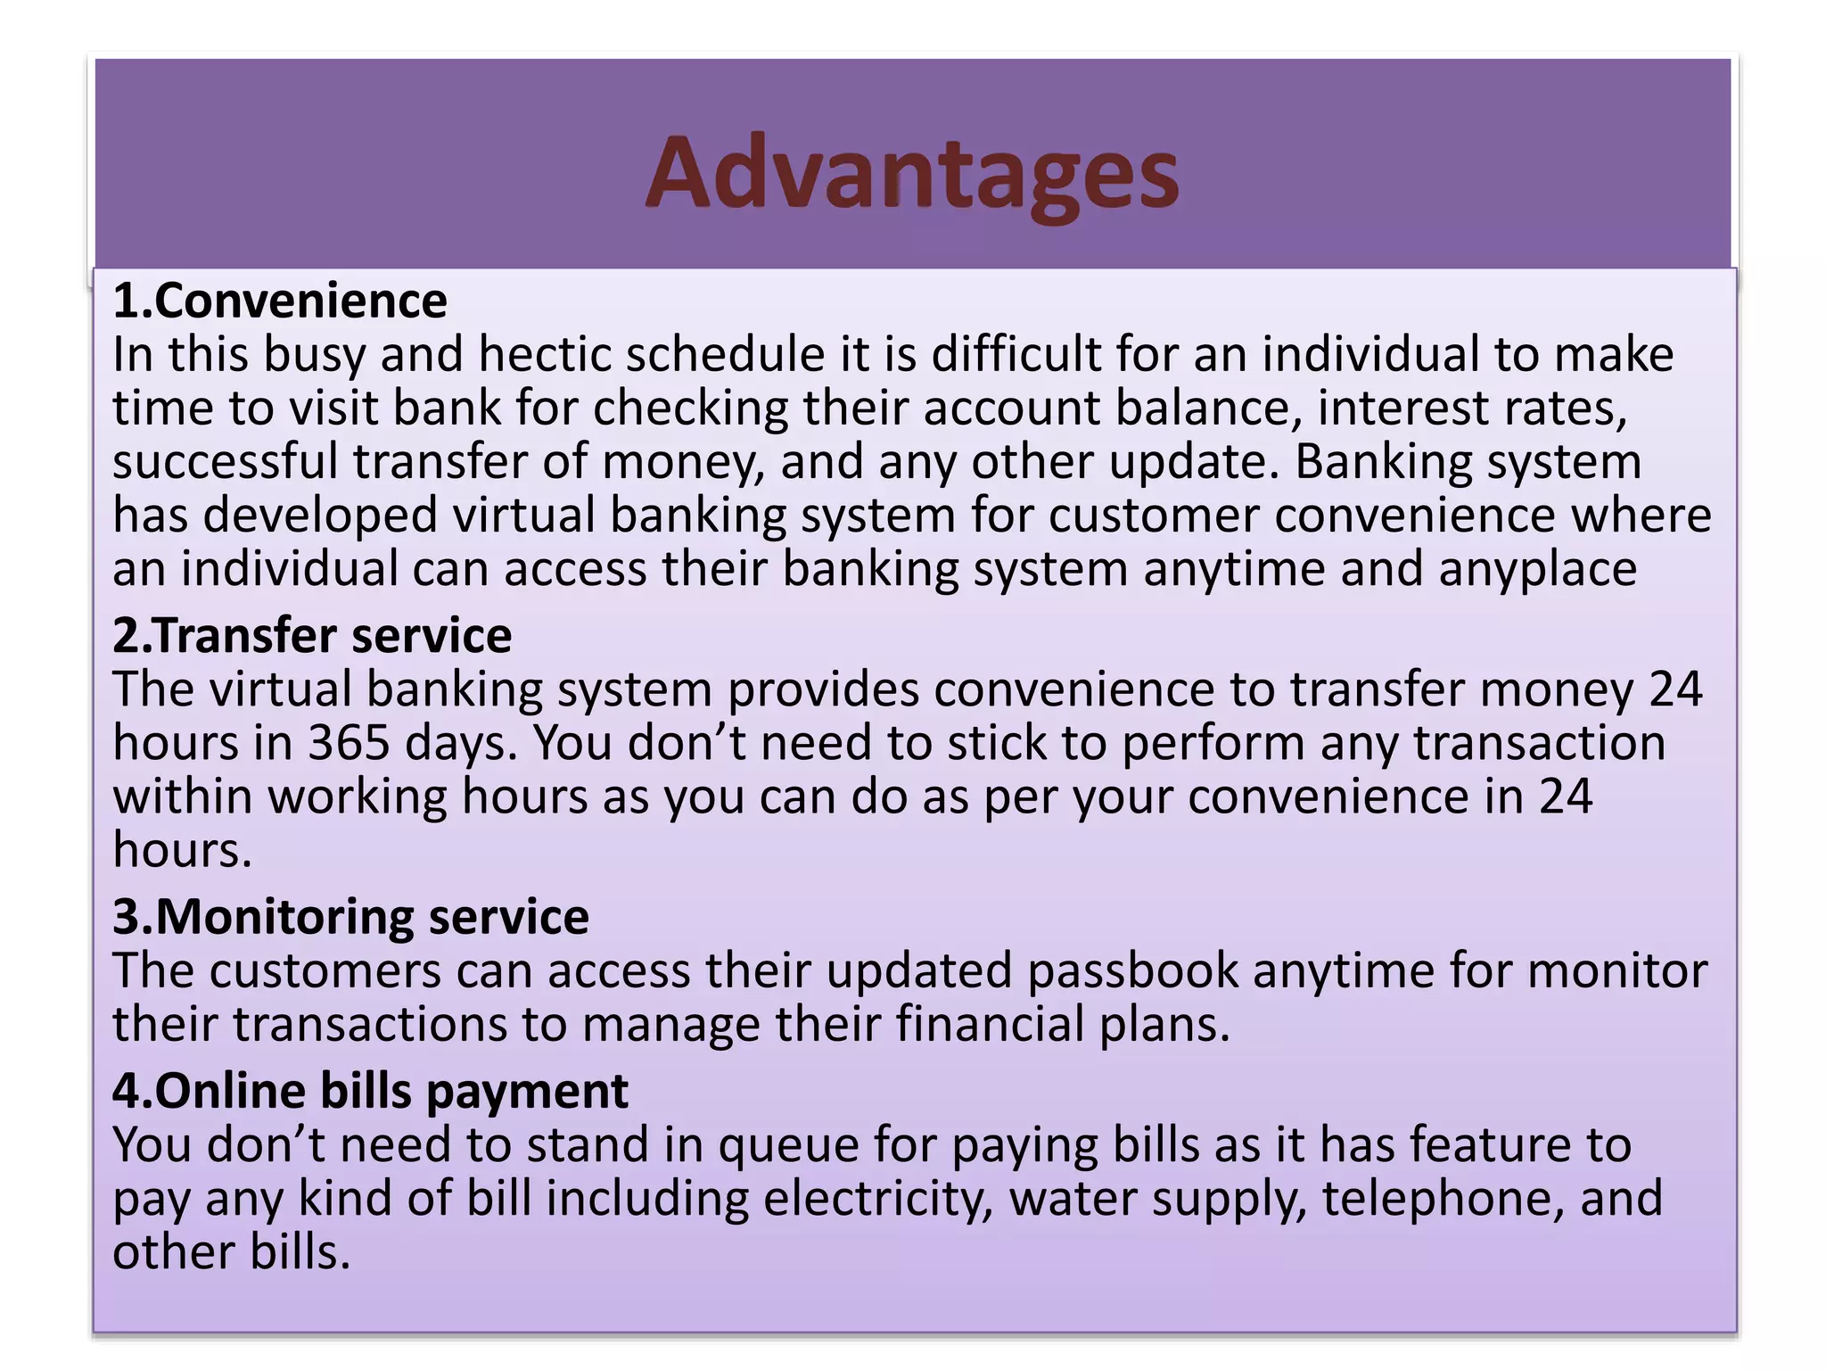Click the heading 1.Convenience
280,301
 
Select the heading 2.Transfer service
312,636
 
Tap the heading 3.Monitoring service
350,917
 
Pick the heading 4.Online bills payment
370,1091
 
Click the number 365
349,743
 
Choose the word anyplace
1537,569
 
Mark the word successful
225,462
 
